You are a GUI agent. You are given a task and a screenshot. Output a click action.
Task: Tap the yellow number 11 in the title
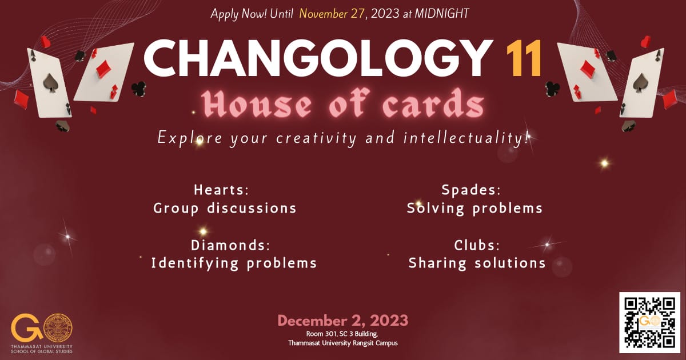[524, 58]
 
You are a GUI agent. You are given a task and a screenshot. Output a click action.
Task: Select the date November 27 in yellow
[332, 14]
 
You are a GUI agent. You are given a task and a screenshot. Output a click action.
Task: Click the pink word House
[256, 103]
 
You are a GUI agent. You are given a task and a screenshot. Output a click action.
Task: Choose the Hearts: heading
[221, 190]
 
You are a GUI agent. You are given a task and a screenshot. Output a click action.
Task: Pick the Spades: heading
[471, 190]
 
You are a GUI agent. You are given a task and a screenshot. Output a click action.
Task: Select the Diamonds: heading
[230, 245]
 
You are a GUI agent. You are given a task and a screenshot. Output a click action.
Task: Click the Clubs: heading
[477, 245]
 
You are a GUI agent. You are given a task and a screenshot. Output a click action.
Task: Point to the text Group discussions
[225, 209]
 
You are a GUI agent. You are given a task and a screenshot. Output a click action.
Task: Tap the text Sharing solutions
[477, 263]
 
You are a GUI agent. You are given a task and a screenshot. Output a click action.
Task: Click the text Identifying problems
[234, 263]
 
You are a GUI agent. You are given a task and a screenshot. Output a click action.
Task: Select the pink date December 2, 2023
[342, 321]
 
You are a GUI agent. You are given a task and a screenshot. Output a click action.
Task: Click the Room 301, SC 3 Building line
[342, 334]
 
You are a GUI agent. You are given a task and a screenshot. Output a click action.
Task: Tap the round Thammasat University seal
[58, 328]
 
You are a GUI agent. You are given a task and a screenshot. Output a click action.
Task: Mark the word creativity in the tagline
[316, 138]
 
